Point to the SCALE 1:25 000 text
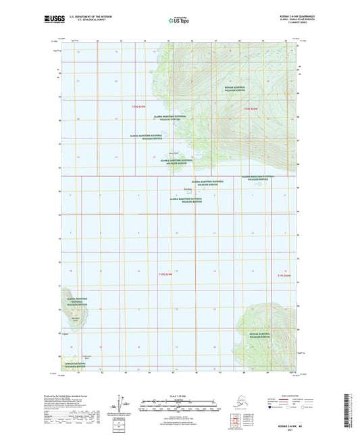coord(178,396)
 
